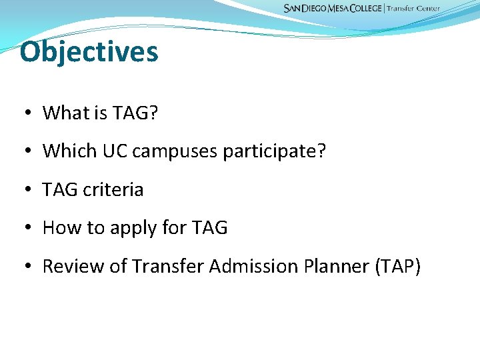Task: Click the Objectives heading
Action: [x=89, y=52]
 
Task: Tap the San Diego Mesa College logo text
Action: [x=333, y=9]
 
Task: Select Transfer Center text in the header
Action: [x=413, y=9]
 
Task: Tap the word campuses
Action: [x=175, y=152]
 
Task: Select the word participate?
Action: [x=275, y=152]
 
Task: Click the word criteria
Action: [x=113, y=190]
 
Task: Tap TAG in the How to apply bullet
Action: [x=209, y=228]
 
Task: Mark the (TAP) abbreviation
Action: [x=397, y=267]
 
